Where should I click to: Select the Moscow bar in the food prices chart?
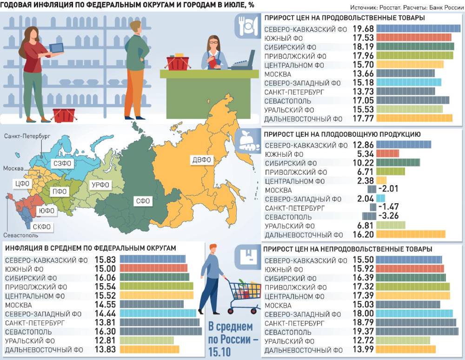point(405,73)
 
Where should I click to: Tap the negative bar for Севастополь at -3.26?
point(369,216)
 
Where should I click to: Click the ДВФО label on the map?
point(201,160)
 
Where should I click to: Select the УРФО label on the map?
point(100,185)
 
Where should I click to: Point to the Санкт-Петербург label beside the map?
point(27,136)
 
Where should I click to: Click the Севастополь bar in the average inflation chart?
point(161,332)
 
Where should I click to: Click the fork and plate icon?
point(246,26)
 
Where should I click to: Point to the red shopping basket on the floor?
point(64,115)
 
